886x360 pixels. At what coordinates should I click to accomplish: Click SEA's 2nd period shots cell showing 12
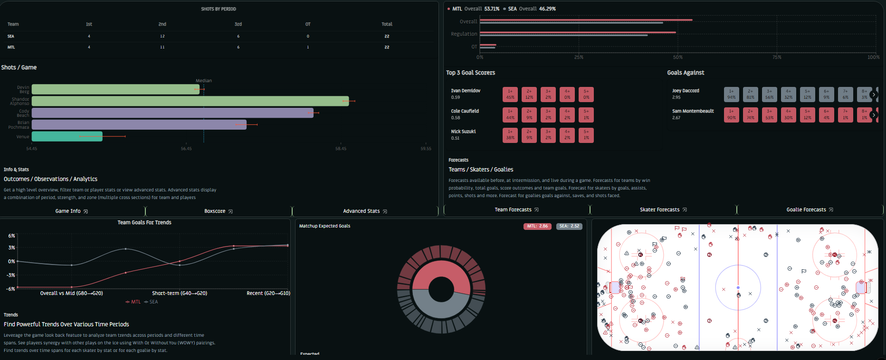point(162,36)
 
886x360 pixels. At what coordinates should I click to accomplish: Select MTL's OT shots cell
point(308,47)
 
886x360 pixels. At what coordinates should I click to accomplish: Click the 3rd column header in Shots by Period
point(238,24)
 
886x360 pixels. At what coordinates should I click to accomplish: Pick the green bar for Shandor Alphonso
point(190,101)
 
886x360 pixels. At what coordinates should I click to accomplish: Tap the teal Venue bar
point(67,136)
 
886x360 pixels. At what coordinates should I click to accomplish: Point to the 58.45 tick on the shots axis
point(341,149)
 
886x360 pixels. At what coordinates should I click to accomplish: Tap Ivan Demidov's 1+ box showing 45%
point(510,94)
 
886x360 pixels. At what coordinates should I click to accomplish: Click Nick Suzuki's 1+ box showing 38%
point(510,135)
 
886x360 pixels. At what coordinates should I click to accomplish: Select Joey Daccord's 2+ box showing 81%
point(750,94)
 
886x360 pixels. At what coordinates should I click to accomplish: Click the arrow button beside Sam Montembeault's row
point(873,115)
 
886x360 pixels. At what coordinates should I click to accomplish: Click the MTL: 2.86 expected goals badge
point(537,226)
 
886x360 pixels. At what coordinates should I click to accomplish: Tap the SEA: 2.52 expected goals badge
point(569,226)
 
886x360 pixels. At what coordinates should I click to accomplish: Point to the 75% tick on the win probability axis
point(777,57)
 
